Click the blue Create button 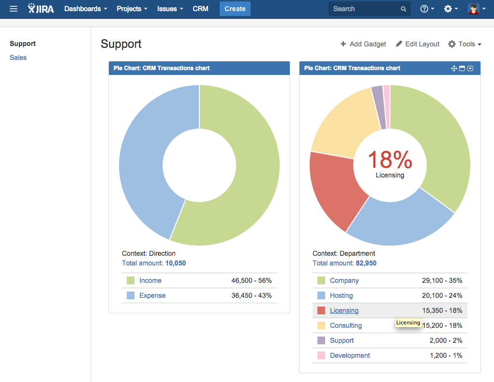pyautogui.click(x=235, y=9)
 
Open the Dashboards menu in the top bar pyautogui.click(x=85, y=9)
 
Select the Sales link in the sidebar pyautogui.click(x=18, y=58)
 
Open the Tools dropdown pyautogui.click(x=464, y=44)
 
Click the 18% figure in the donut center pyautogui.click(x=390, y=160)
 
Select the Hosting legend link pyautogui.click(x=341, y=295)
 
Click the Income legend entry pyautogui.click(x=150, y=280)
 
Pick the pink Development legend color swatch pyautogui.click(x=321, y=355)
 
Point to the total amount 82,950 pyautogui.click(x=366, y=263)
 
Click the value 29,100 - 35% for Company pyautogui.click(x=442, y=280)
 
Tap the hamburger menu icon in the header pyautogui.click(x=14, y=9)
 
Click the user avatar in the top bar pyautogui.click(x=473, y=9)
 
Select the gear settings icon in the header pyautogui.click(x=448, y=9)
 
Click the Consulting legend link pyautogui.click(x=346, y=325)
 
